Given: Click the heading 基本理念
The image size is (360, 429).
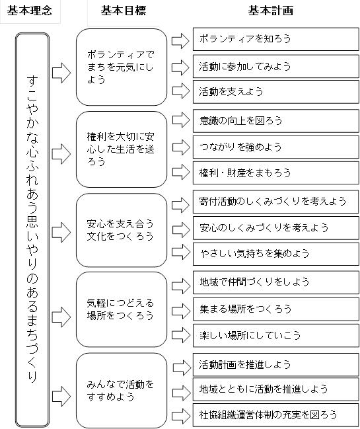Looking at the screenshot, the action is pyautogui.click(x=30, y=11).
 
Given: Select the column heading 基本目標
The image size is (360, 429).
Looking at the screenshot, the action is pyautogui.click(x=124, y=11).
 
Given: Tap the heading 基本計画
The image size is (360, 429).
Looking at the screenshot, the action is pyautogui.click(x=271, y=11).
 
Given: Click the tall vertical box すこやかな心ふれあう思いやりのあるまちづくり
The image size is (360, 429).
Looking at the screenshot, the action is pyautogui.click(x=32, y=230).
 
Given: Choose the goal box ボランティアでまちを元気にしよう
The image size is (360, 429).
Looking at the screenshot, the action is pyautogui.click(x=122, y=67).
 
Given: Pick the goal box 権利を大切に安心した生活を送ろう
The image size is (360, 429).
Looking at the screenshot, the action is pyautogui.click(x=122, y=149).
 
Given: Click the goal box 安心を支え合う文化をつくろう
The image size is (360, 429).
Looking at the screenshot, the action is pyautogui.click(x=122, y=230).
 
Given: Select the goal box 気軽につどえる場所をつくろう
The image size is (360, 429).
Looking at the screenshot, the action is pyautogui.click(x=122, y=309).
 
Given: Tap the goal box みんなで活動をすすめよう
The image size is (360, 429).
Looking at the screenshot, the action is pyautogui.click(x=122, y=391).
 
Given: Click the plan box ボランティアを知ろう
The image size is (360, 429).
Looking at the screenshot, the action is pyautogui.click(x=276, y=39).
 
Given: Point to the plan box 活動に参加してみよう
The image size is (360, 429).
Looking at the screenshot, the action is pyautogui.click(x=276, y=66).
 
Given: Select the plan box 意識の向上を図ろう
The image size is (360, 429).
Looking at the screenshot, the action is pyautogui.click(x=276, y=121).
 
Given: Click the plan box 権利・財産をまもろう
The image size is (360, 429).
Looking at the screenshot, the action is pyautogui.click(x=276, y=173).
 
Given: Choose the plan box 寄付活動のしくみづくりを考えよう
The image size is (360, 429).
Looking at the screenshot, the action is pyautogui.click(x=276, y=202).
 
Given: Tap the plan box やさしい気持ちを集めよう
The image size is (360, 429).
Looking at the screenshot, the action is pyautogui.click(x=276, y=254).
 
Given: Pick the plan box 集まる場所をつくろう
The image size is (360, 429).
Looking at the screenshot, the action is pyautogui.click(x=276, y=309).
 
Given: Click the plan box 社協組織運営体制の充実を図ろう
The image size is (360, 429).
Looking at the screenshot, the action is pyautogui.click(x=276, y=415).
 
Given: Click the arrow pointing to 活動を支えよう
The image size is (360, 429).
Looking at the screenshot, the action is pyautogui.click(x=181, y=91).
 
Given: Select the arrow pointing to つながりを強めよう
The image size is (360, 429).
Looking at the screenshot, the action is pyautogui.click(x=181, y=147).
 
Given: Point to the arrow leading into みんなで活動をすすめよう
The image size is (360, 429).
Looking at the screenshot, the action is pyautogui.click(x=61, y=396).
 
